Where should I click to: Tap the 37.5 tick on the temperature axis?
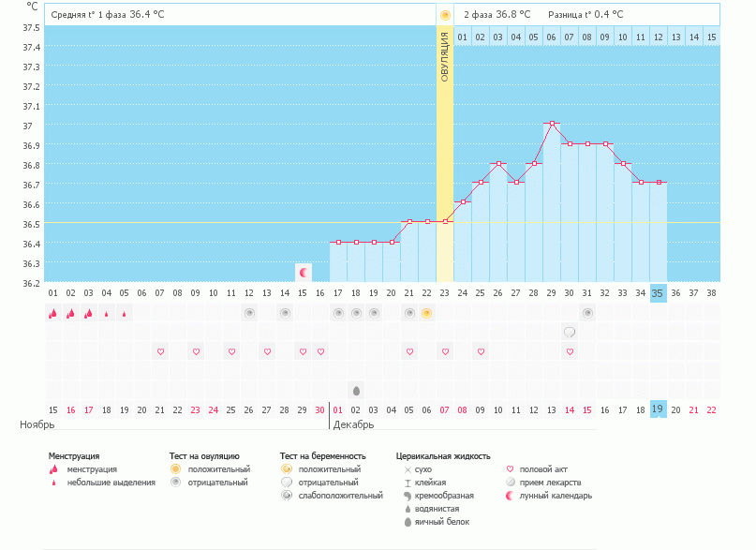click(31, 27)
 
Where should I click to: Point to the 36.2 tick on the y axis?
click(31, 283)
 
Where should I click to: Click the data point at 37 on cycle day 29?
click(552, 124)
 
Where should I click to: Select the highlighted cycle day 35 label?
click(658, 293)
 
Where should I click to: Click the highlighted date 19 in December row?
click(658, 409)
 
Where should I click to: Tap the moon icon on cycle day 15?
click(303, 273)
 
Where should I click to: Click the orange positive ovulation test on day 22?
click(426, 313)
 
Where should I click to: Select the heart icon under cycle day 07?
click(160, 351)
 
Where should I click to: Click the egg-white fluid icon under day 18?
click(355, 390)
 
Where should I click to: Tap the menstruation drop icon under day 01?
click(52, 313)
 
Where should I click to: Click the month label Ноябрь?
click(37, 424)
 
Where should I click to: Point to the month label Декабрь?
click(353, 424)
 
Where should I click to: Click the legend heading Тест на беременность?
click(322, 456)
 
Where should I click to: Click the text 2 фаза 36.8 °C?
click(497, 15)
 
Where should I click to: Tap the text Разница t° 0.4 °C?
click(586, 15)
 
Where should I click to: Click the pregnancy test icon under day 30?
click(569, 332)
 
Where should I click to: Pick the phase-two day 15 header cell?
click(711, 37)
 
